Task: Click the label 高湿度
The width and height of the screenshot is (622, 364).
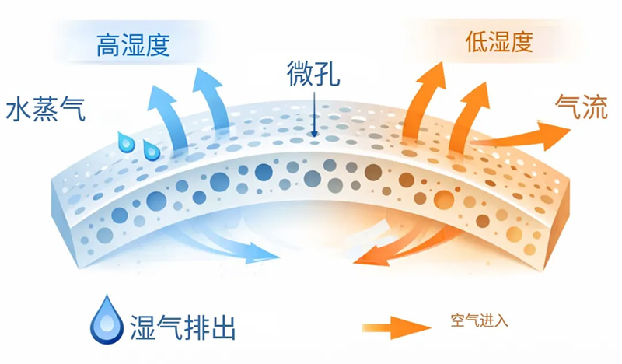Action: [x=132, y=44]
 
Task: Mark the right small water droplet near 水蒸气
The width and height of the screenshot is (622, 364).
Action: [x=151, y=145]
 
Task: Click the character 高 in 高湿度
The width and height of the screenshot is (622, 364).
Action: [x=108, y=44]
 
